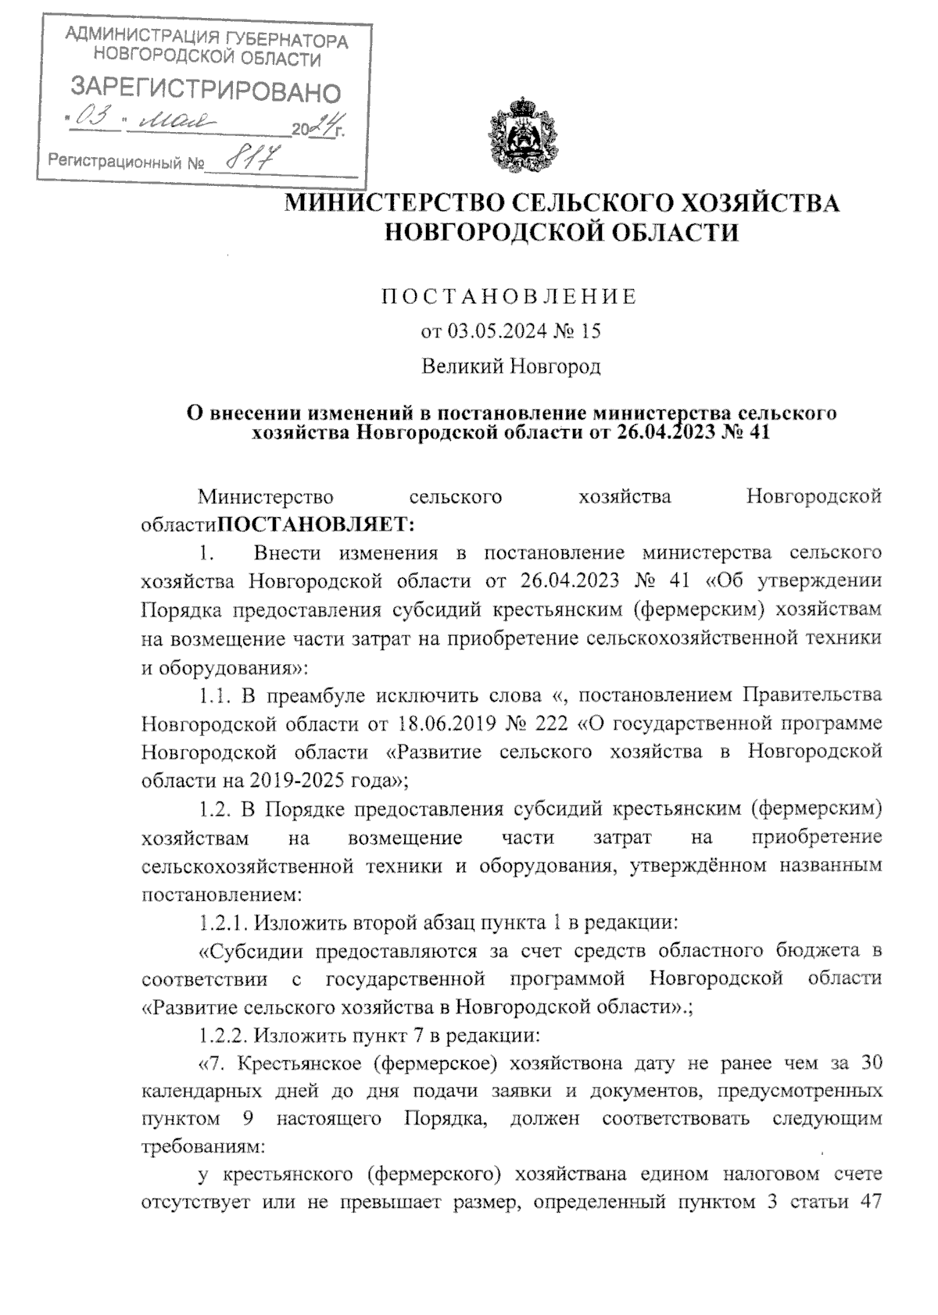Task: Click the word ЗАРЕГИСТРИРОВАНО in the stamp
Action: (x=206, y=91)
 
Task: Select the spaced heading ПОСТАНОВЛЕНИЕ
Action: (x=509, y=297)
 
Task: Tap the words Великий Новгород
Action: (x=511, y=366)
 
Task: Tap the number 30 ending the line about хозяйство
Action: (x=870, y=1064)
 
